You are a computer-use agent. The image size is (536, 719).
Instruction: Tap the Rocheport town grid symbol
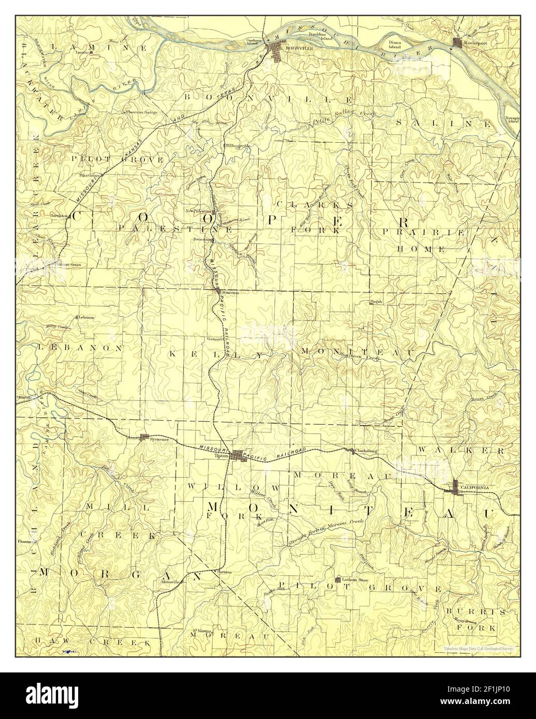[x=457, y=42]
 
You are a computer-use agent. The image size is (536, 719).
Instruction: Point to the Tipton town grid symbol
[x=239, y=455]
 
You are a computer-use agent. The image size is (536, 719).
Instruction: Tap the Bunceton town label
[x=230, y=292]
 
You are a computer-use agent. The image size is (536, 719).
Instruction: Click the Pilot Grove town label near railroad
[x=90, y=175]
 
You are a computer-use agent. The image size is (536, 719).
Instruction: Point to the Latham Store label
[x=355, y=580]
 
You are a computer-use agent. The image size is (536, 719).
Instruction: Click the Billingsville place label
[x=237, y=146]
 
